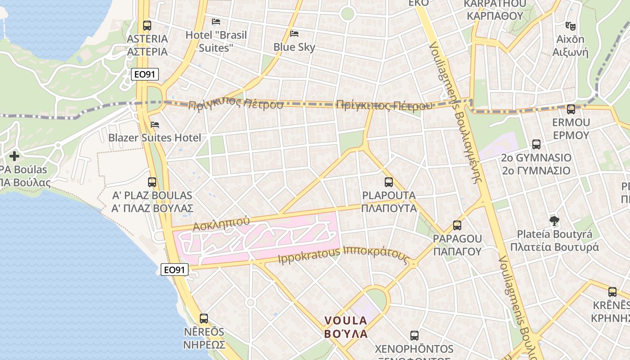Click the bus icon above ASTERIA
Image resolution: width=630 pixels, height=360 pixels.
coord(147,26)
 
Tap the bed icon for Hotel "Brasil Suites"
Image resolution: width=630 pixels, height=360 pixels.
coord(216,22)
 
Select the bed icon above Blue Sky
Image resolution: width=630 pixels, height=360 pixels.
coord(294,34)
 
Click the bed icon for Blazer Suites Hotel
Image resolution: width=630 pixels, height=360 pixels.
coord(155,125)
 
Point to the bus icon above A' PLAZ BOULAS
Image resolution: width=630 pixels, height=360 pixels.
coord(152,182)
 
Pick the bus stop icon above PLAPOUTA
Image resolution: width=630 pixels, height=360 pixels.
coord(389,182)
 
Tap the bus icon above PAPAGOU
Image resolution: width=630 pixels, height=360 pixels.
coord(457,225)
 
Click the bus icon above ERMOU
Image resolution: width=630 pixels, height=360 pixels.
coord(571,109)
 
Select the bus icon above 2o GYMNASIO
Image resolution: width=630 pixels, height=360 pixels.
coord(536,144)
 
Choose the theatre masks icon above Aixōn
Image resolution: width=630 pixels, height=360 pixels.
coord(571,26)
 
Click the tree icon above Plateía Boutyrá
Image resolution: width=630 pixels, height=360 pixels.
coord(554,221)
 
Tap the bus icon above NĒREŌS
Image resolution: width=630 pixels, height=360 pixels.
coord(204,319)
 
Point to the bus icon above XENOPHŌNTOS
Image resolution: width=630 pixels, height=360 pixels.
coord(414,335)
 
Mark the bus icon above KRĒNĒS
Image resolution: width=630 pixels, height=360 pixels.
coord(612,292)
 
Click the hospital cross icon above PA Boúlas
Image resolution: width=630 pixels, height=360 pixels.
coord(14,156)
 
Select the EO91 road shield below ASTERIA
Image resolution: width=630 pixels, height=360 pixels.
coord(145,75)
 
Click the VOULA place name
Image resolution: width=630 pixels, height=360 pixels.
coord(346,320)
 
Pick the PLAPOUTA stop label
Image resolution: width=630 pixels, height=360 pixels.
coord(389,196)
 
